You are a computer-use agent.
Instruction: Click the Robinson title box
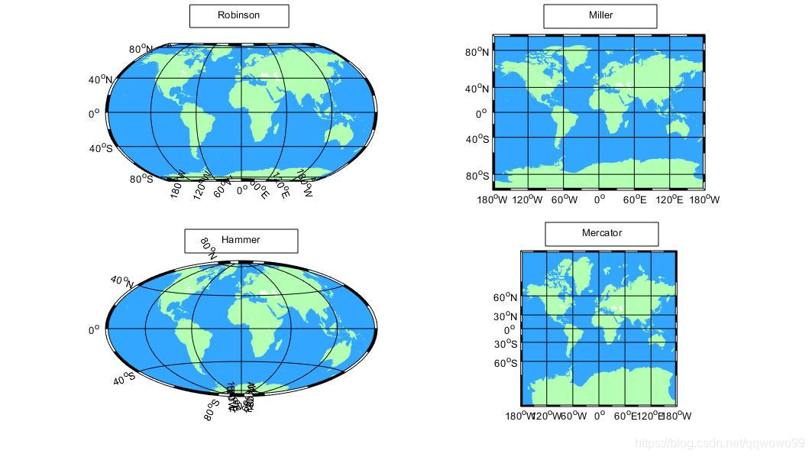(239, 16)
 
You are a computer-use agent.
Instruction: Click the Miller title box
(600, 16)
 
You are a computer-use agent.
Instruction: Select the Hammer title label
(241, 241)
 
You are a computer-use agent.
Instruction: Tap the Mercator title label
(601, 234)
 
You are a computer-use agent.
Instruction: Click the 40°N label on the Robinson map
(100, 79)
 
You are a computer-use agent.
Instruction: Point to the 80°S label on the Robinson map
(141, 179)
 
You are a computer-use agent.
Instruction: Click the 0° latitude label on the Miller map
(481, 115)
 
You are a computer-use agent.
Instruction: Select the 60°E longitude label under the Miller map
(635, 199)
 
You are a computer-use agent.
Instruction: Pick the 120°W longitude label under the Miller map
(527, 199)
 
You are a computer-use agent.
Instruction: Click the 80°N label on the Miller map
(477, 53)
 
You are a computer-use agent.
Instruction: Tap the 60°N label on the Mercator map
(505, 298)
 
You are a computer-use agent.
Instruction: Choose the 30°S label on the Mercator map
(505, 344)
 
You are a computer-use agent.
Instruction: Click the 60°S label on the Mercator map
(505, 363)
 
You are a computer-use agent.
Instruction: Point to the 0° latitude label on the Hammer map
(94, 331)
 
